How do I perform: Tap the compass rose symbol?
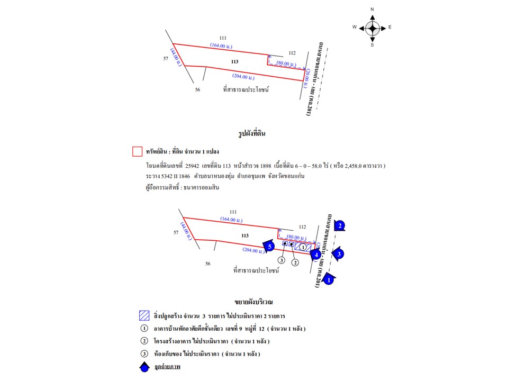(373, 28)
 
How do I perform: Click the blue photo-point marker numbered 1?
(329, 279)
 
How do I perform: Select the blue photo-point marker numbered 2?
(340, 226)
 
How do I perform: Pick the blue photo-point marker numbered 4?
(315, 254)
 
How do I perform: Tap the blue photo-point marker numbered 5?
(269, 246)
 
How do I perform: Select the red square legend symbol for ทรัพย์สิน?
(137, 152)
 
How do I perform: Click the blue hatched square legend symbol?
(143, 316)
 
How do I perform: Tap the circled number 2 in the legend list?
(143, 341)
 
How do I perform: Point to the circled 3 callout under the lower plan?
(282, 260)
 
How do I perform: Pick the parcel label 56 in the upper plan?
(197, 90)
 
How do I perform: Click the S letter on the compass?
(373, 45)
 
